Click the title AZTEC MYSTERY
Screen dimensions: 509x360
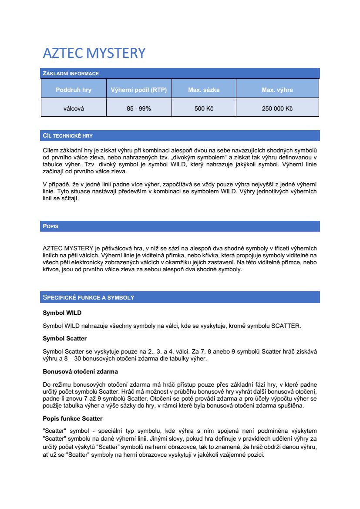pos(94,53)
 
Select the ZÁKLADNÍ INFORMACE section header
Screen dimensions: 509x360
pos(70,74)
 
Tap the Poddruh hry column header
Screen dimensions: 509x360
pos(74,90)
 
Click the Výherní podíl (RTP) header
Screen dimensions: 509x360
pos(139,90)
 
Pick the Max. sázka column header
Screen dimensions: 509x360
pos(204,90)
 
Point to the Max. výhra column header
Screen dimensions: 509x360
pos(277,90)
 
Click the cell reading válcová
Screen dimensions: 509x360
pos(74,108)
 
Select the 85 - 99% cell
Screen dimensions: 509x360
pos(139,108)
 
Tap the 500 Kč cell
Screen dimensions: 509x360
pos(204,108)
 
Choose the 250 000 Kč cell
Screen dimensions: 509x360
pos(277,108)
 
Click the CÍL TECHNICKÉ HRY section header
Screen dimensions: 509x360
pos(67,136)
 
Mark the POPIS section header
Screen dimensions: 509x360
pos(50,226)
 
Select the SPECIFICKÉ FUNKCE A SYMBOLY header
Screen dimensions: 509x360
pos(88,297)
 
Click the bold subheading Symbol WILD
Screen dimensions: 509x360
pos(62,313)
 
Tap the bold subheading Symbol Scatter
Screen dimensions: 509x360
pos(64,338)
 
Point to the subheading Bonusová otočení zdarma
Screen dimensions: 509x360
pos(80,371)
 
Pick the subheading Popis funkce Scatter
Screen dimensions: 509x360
pos(72,418)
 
